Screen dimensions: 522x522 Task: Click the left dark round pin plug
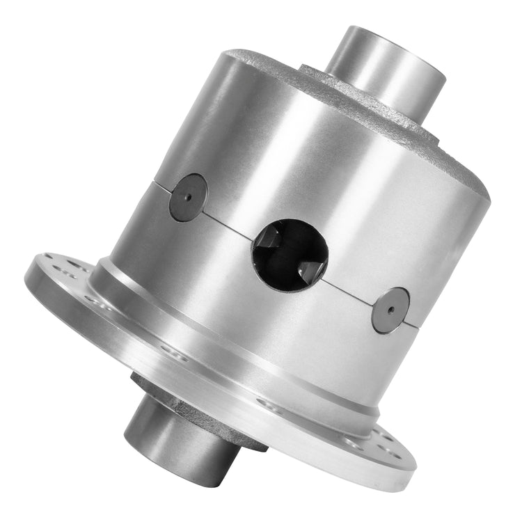(x=188, y=198)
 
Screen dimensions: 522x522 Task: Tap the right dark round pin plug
(x=390, y=310)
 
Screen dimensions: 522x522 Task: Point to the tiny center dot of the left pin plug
(x=188, y=198)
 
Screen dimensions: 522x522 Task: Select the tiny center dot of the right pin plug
(x=390, y=310)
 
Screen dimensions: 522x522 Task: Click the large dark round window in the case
(x=290, y=255)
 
